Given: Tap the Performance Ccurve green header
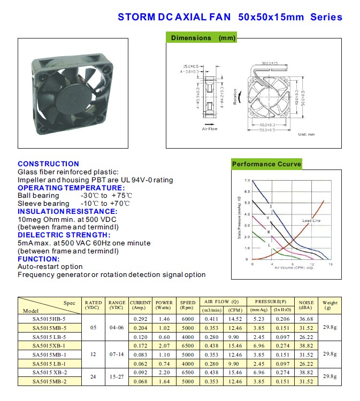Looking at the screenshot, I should pyautogui.click(x=266, y=164).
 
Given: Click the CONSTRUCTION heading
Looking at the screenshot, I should pyautogui.click(x=48, y=164).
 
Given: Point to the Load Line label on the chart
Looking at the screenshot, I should pyautogui.click(x=311, y=221).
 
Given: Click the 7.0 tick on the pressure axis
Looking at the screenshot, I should pyautogui.click(x=247, y=181).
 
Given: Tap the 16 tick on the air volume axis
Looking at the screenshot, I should pyautogui.click(x=331, y=264).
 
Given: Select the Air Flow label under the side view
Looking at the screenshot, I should pyautogui.click(x=209, y=129).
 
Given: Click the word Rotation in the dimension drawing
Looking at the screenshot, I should pyautogui.click(x=235, y=97).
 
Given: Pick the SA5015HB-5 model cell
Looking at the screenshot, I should pyautogui.click(x=49, y=319).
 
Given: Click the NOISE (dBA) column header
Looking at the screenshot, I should pyautogui.click(x=307, y=305).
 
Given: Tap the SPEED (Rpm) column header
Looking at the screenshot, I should pyautogui.click(x=187, y=305).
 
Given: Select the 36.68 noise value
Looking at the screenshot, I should pyautogui.click(x=307, y=319).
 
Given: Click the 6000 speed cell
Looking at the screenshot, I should pyautogui.click(x=187, y=319).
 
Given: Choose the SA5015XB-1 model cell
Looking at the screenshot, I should pyautogui.click(x=49, y=346).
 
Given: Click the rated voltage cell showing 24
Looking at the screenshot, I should pyautogui.click(x=93, y=376).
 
